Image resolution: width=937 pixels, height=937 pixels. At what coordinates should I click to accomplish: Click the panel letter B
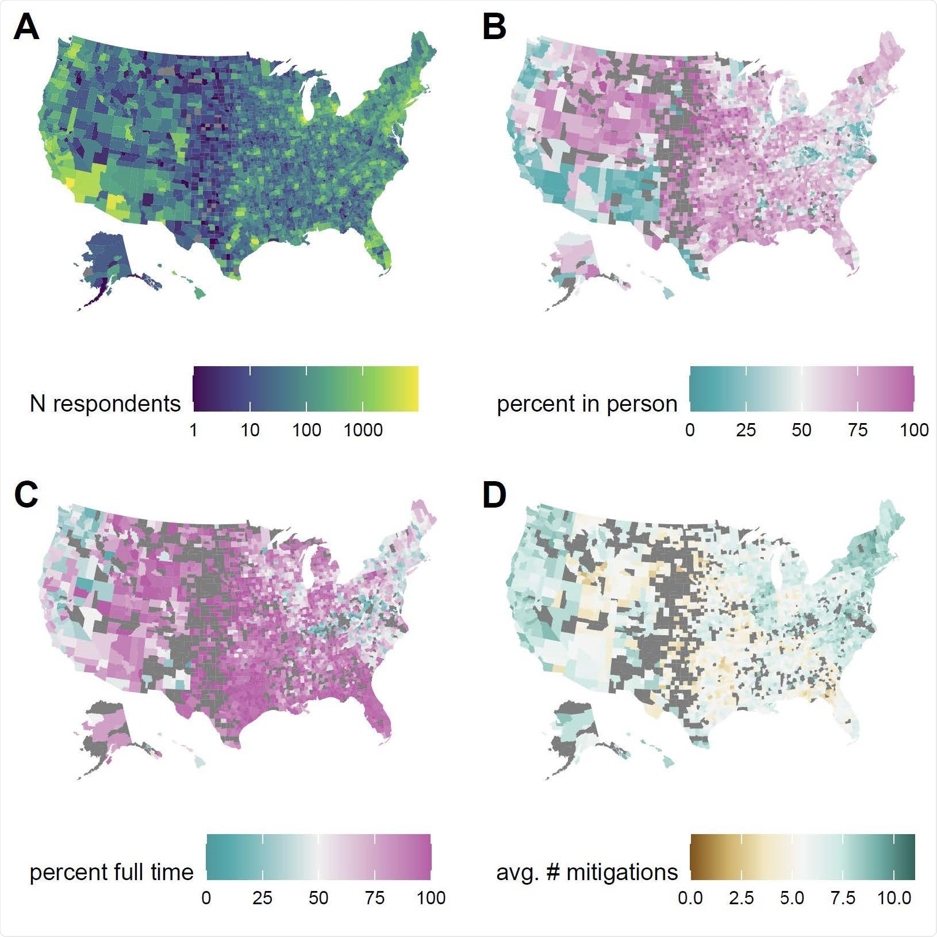494,28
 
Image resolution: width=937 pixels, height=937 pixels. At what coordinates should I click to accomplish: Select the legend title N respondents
105,404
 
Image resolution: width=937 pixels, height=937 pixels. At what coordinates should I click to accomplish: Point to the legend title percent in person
587,404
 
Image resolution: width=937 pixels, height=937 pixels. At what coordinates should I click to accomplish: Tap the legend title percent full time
112,872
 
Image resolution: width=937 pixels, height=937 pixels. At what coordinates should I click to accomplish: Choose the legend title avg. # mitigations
587,872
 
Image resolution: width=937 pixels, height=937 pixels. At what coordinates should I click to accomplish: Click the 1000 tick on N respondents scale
363,430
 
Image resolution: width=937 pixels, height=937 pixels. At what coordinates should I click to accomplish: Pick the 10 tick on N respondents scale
250,430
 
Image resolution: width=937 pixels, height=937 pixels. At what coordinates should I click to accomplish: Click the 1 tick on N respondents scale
194,430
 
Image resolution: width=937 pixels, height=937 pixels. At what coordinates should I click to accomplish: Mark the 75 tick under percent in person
858,430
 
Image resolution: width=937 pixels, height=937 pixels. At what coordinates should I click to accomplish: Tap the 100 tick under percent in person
914,430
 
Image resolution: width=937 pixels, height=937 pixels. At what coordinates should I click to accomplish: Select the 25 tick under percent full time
263,898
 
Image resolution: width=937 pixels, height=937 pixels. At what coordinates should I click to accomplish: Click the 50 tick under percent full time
318,898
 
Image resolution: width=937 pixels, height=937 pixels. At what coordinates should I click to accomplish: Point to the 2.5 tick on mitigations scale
741,898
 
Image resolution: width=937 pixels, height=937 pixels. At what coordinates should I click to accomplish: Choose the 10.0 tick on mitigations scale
893,898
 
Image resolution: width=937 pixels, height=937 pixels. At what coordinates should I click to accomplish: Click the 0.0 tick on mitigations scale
690,898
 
